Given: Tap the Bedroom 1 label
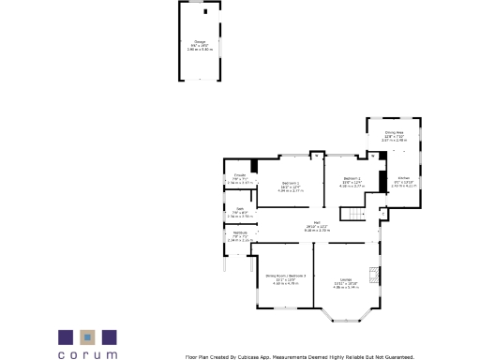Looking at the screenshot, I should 291,183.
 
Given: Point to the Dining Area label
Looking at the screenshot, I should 394,132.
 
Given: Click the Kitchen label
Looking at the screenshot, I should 403,177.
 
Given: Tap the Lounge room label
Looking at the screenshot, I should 345,279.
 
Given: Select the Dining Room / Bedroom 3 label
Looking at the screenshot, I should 285,276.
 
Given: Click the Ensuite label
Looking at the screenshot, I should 239,175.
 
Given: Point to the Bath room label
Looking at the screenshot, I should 239,208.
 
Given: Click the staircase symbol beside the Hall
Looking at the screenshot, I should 352,215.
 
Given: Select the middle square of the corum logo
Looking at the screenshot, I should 87,337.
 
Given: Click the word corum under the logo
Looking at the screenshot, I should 87,355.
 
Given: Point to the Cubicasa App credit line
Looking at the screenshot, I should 300,356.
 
